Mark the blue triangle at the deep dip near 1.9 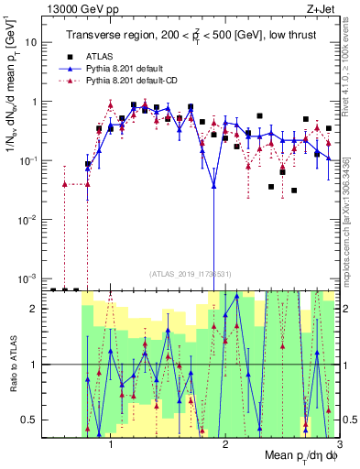(x=213, y=186)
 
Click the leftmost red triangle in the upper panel (x=65, y=184)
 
